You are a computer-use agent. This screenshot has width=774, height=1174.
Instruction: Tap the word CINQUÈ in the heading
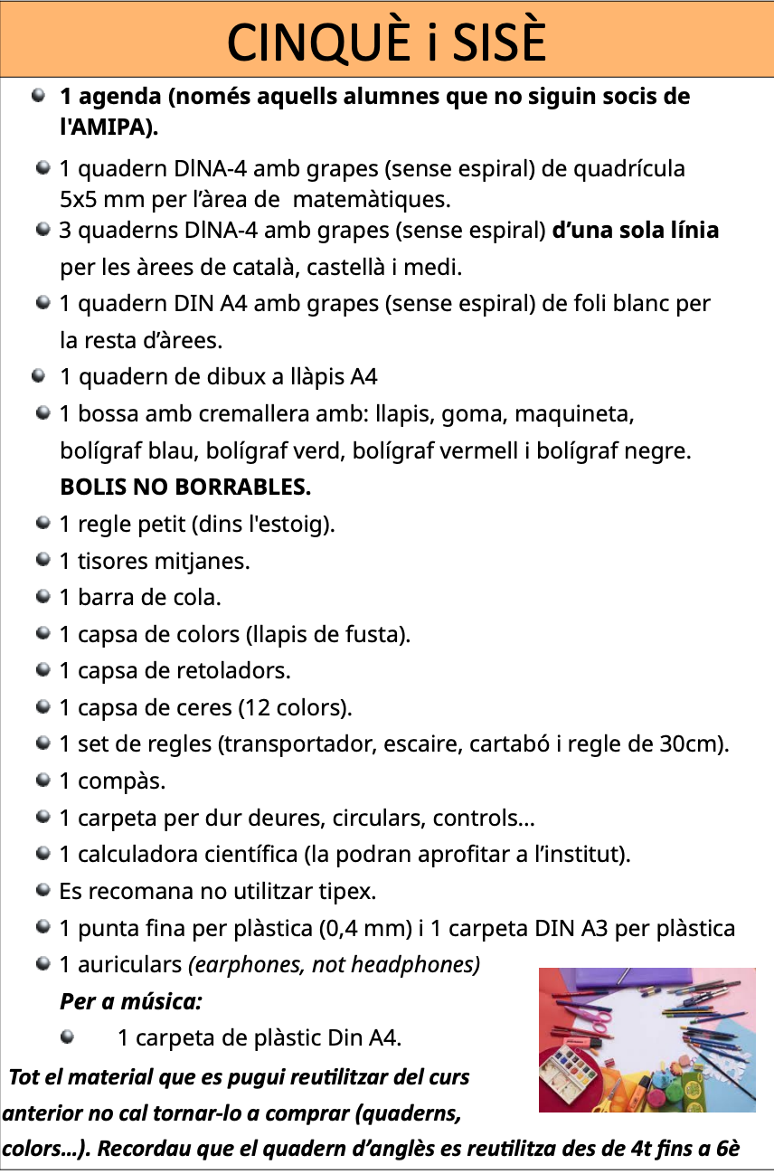[304, 41]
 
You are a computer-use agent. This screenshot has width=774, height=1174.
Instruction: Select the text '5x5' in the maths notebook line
[79, 198]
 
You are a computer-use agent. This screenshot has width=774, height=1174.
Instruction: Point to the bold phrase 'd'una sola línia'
[635, 231]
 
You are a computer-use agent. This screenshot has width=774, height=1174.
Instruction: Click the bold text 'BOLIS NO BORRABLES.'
[185, 488]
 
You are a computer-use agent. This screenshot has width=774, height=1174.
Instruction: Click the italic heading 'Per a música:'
[130, 1001]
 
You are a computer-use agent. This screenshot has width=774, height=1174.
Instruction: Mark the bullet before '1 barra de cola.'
[42, 597]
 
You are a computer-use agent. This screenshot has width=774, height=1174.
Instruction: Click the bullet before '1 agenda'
[39, 95]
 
